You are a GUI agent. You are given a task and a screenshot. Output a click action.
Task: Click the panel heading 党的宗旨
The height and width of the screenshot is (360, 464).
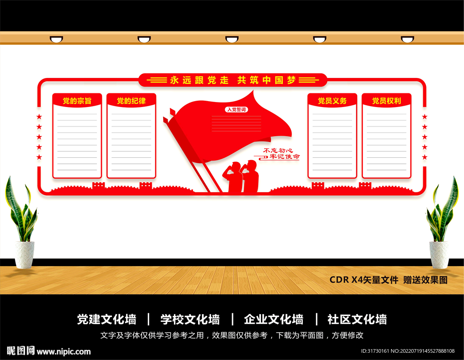[x=77, y=101]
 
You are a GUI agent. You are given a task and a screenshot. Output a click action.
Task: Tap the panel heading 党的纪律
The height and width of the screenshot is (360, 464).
[x=131, y=101]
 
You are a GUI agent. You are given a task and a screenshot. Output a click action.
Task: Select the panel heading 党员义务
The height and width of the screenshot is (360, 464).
[x=332, y=101]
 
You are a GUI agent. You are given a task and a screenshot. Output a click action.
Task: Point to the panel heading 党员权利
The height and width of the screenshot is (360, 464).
[x=387, y=101]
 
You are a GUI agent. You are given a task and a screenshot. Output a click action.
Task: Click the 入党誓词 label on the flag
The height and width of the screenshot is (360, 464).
[x=237, y=110]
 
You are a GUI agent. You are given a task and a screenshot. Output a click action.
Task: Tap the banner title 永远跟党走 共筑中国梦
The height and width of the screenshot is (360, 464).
[x=233, y=80]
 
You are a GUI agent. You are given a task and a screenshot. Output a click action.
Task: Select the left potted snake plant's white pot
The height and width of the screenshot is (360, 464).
[x=24, y=255]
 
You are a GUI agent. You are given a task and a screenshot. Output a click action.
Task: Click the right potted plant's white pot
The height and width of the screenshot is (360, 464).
[x=439, y=255]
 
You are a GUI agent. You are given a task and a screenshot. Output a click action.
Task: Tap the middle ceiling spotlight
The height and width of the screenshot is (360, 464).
[x=232, y=39]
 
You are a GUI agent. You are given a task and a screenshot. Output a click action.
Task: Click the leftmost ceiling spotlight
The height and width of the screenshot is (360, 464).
[x=56, y=39]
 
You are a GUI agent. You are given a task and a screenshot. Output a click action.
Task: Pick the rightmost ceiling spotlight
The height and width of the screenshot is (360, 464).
[x=407, y=39]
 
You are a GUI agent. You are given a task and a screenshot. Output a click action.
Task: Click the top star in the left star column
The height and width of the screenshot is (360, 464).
[x=39, y=117]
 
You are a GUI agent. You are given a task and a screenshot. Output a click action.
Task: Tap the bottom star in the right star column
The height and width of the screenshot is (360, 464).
[x=425, y=157]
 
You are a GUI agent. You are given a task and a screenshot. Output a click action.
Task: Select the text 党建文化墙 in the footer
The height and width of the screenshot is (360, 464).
[x=106, y=320]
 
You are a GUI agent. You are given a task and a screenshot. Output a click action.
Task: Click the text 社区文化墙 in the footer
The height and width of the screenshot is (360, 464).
[x=357, y=320]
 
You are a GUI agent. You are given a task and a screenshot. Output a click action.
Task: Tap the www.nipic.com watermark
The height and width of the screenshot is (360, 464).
[x=63, y=352]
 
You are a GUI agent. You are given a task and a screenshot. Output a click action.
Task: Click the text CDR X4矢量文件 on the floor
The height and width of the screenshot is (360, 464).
[x=364, y=280]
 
